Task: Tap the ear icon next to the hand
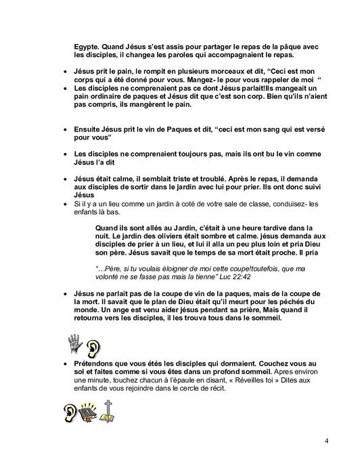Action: tap(93, 347)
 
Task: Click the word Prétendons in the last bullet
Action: tap(95, 364)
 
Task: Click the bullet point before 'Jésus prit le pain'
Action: tap(66, 71)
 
